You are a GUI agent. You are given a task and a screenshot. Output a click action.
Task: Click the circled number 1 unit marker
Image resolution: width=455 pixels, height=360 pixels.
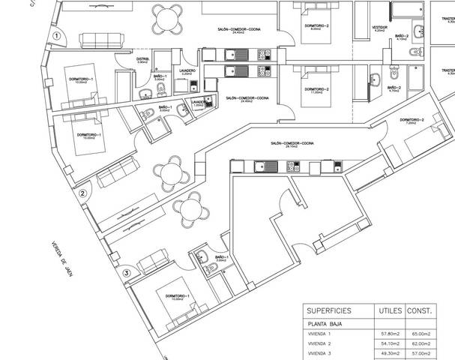point(55,36)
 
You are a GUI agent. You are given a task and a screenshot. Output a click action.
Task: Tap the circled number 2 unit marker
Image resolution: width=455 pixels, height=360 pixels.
point(83,193)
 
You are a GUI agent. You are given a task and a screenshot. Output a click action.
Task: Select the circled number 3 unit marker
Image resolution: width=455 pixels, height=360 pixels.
point(127,273)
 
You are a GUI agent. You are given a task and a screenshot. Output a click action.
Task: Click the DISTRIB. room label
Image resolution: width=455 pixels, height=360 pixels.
point(143,59)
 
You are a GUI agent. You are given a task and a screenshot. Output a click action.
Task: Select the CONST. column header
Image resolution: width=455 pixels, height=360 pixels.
point(421,310)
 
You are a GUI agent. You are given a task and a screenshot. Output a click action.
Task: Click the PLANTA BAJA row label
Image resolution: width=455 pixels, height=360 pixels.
point(324,323)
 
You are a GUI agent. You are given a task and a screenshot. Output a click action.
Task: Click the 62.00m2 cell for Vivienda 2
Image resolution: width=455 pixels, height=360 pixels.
point(421,343)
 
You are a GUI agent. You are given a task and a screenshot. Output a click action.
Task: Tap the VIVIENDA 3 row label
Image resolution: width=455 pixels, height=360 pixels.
point(321,352)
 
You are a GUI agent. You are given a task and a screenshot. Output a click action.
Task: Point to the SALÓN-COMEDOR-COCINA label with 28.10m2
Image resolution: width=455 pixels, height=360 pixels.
point(293,144)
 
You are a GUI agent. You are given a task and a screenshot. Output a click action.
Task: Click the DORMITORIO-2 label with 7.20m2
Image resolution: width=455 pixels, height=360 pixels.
point(412,121)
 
